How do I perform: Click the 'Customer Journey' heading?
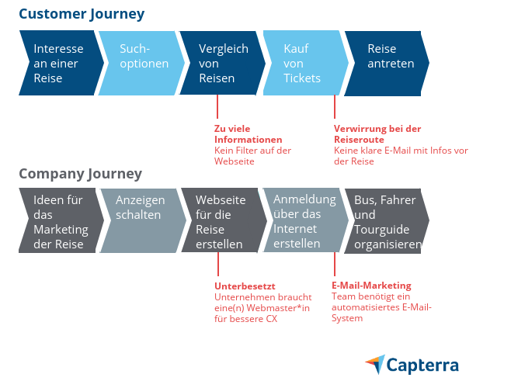click(82, 14)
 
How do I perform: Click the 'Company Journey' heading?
click(80, 173)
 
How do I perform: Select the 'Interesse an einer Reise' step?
click(59, 64)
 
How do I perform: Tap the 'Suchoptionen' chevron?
click(143, 57)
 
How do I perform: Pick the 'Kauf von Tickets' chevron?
click(302, 64)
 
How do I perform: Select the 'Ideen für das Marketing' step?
click(61, 221)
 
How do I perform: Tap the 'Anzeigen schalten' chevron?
click(142, 207)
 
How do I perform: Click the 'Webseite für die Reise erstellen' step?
click(221, 221)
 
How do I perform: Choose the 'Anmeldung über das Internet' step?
click(304, 221)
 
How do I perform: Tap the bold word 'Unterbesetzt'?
click(245, 286)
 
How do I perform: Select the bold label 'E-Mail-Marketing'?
click(371, 286)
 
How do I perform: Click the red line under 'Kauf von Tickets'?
click(335, 106)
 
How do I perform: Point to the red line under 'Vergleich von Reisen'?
click(217, 106)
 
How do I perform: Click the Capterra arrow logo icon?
click(374, 364)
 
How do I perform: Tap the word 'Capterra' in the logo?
click(424, 365)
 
